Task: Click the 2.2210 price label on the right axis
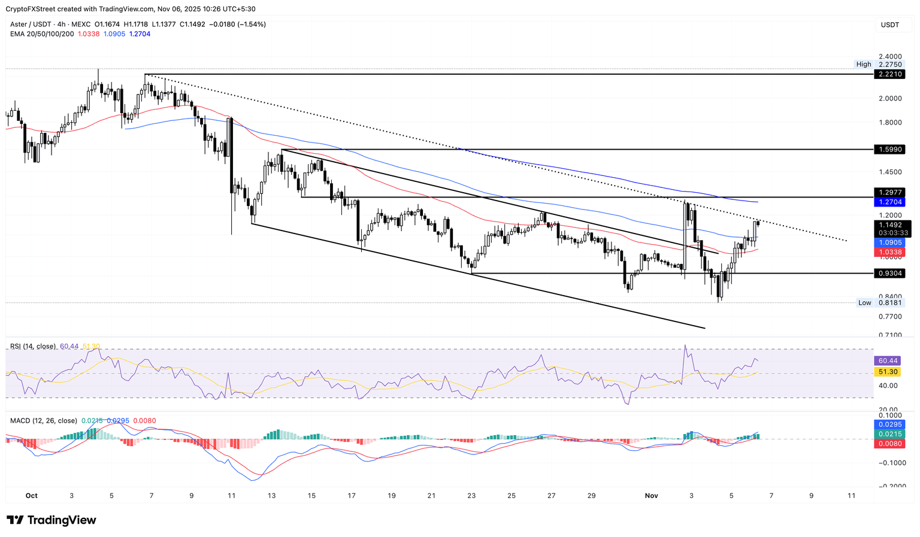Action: (x=889, y=74)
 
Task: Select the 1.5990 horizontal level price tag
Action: (x=889, y=149)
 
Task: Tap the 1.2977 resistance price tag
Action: (x=889, y=192)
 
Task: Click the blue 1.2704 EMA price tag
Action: (x=889, y=202)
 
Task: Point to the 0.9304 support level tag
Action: (x=889, y=273)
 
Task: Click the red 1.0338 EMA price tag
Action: (x=889, y=252)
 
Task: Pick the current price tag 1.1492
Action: (x=889, y=225)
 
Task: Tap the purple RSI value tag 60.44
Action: (x=888, y=360)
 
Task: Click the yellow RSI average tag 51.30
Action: (x=888, y=372)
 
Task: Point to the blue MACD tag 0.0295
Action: (x=889, y=424)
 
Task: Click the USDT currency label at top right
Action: (x=889, y=25)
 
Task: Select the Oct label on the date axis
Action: (x=32, y=496)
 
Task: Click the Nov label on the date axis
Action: (x=651, y=496)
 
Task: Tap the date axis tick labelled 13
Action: (x=271, y=496)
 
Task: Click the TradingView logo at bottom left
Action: (x=52, y=520)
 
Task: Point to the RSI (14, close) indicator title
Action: (x=33, y=346)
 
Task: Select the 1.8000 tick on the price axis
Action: (x=889, y=122)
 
